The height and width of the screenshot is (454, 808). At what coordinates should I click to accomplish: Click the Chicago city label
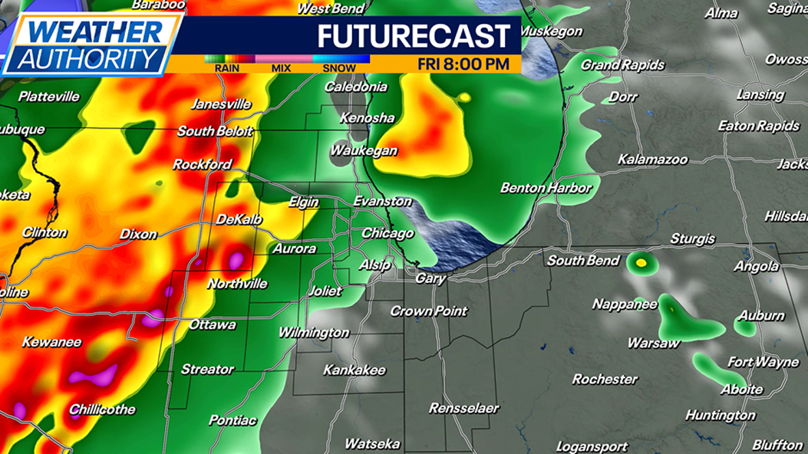point(388,233)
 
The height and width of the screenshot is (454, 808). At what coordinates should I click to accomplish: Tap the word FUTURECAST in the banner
point(414,36)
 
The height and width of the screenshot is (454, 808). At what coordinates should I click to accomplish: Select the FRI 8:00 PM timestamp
point(463,64)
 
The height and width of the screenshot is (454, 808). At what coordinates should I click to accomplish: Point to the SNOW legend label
point(338,68)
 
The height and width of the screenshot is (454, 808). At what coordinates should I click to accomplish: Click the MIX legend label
point(281,68)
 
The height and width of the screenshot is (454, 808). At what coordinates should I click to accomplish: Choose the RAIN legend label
point(226,68)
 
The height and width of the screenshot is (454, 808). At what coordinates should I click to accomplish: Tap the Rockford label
point(202,164)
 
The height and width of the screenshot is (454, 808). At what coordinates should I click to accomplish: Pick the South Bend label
point(583,260)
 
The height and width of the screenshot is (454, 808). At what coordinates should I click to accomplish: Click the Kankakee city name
point(354,370)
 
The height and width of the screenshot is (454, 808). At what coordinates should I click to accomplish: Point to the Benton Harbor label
point(546,187)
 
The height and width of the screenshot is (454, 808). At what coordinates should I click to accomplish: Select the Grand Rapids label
point(622,65)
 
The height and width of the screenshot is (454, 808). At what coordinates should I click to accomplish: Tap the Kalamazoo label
point(652,160)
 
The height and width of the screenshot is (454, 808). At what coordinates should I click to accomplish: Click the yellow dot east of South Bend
point(640,262)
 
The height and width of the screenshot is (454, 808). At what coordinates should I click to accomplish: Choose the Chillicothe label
point(102,410)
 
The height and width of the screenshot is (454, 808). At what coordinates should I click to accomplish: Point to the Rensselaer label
point(463,408)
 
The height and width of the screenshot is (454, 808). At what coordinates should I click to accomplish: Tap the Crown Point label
point(429,311)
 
